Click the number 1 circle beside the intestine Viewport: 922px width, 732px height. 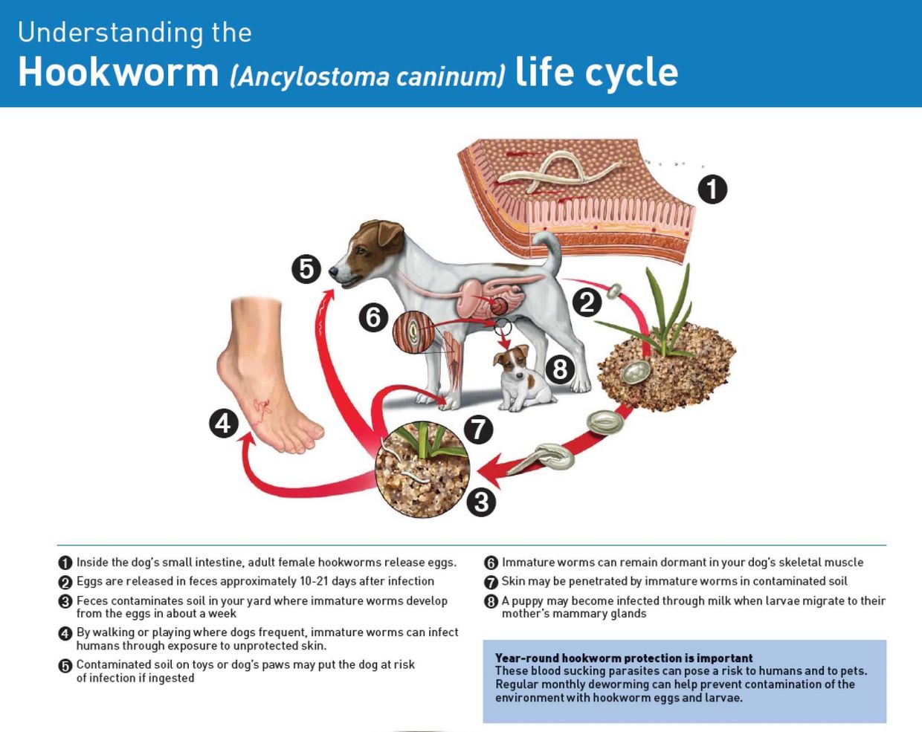coord(712,189)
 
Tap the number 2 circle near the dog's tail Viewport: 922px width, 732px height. coord(587,302)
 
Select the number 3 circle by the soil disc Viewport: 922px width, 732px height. coord(481,502)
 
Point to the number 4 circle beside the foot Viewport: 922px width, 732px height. coord(223,424)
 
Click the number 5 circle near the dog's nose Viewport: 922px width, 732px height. coord(306,268)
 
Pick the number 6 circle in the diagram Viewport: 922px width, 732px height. coord(373,317)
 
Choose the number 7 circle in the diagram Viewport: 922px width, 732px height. coord(478,429)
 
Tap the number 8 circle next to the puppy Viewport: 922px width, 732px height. coord(560,369)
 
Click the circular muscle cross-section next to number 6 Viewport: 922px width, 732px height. coord(412,332)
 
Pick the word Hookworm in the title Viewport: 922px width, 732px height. coord(118,73)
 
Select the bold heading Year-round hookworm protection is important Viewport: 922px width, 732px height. coord(624,658)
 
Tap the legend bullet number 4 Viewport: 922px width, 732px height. coord(65,633)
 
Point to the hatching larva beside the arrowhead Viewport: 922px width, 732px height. coord(547,457)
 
